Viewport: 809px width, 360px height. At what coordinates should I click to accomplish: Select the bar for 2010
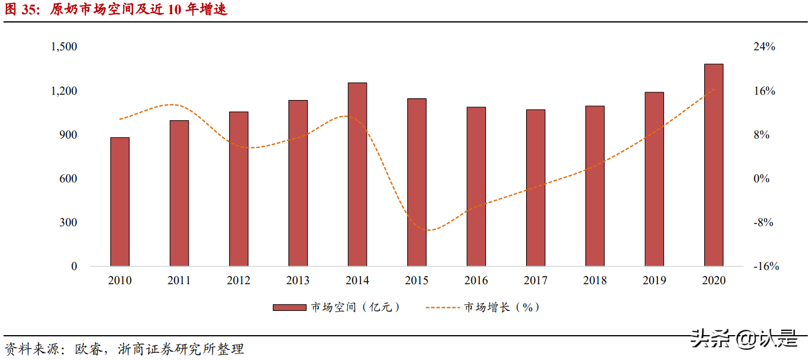pyautogui.click(x=120, y=202)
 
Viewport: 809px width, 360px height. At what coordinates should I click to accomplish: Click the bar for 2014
pyautogui.click(x=357, y=175)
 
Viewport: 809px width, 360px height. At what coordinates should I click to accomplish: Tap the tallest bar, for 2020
pyautogui.click(x=714, y=165)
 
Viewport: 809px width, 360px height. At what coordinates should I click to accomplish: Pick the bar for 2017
pyautogui.click(x=536, y=188)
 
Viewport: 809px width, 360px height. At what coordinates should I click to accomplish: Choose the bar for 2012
pyautogui.click(x=238, y=189)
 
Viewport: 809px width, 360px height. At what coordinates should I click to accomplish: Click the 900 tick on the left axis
pyautogui.click(x=67, y=135)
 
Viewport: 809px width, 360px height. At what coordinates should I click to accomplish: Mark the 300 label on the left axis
pyautogui.click(x=67, y=223)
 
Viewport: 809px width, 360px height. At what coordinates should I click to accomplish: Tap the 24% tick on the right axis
pyautogui.click(x=764, y=47)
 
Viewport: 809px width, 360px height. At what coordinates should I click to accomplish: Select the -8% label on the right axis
pyautogui.click(x=763, y=223)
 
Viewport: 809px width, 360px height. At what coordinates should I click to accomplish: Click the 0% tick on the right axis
pyautogui.click(x=763, y=179)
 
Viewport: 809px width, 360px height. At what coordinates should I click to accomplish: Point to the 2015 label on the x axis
pyautogui.click(x=417, y=281)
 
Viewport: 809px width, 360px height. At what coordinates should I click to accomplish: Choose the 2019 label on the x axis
pyautogui.click(x=655, y=281)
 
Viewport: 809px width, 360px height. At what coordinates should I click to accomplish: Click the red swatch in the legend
pyautogui.click(x=289, y=307)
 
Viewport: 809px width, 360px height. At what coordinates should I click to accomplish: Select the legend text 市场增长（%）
pyautogui.click(x=502, y=307)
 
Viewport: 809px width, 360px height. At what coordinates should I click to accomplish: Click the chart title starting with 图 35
pyautogui.click(x=116, y=10)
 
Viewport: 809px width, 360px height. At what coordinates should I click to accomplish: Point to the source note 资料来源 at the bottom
pyautogui.click(x=124, y=349)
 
